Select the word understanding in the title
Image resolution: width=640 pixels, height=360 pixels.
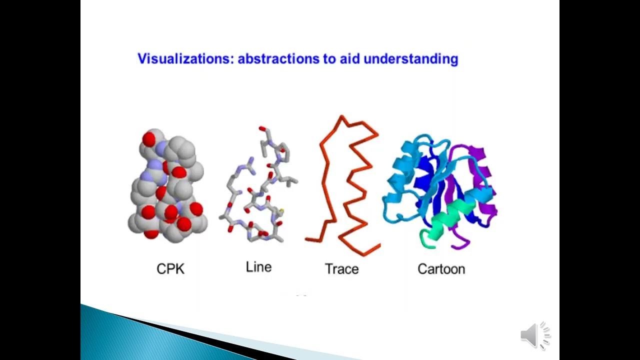pyautogui.click(x=410, y=59)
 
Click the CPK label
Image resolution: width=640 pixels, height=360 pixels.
pyautogui.click(x=170, y=269)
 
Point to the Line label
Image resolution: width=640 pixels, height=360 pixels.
pyautogui.click(x=258, y=267)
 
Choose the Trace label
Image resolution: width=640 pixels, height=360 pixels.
pyautogui.click(x=341, y=269)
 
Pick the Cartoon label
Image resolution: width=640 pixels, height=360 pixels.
pyautogui.click(x=441, y=269)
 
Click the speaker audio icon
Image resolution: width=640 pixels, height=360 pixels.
pyautogui.click(x=535, y=335)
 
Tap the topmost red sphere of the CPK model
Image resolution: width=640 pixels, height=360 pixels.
pyautogui.click(x=149, y=138)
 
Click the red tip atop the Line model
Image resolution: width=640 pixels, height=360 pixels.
pyautogui.click(x=262, y=129)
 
